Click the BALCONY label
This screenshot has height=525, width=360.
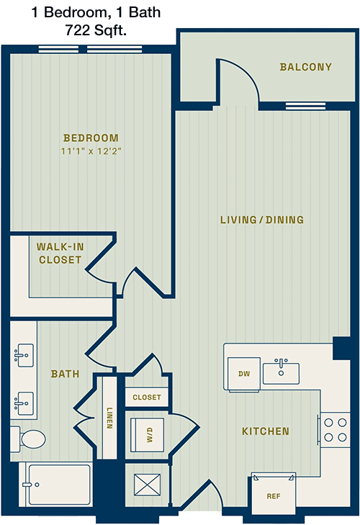pos(306,67)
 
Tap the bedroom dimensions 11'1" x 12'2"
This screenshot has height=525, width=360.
pos(91,151)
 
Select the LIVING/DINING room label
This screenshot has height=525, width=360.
pos(262,220)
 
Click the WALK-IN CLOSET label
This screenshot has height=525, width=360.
pos(60,253)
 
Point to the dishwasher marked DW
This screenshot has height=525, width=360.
pos(244,374)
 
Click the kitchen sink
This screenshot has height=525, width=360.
pos(281,372)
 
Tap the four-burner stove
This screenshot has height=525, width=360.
pos(335,430)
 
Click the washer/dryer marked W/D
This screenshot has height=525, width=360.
pos(147,434)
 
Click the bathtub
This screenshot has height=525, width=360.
pos(55,484)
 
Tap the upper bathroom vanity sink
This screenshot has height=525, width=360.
pos(24,355)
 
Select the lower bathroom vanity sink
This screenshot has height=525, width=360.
pos(24,403)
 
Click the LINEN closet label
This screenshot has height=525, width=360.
pos(109,418)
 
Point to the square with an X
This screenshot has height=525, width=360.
pos(147,485)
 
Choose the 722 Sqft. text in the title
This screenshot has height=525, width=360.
pos(96,30)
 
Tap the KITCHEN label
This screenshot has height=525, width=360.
pos(266,431)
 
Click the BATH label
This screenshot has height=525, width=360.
pos(65,374)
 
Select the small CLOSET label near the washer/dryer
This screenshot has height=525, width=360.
pos(147,398)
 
